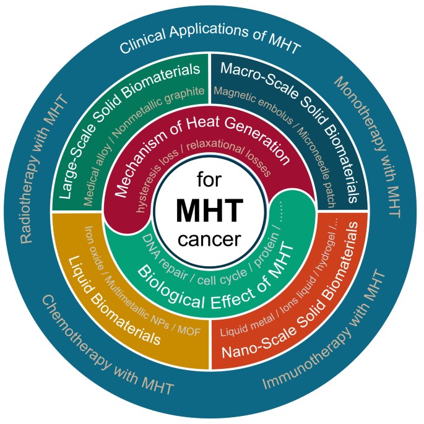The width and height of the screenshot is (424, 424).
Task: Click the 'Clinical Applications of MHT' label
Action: (x=210, y=45)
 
